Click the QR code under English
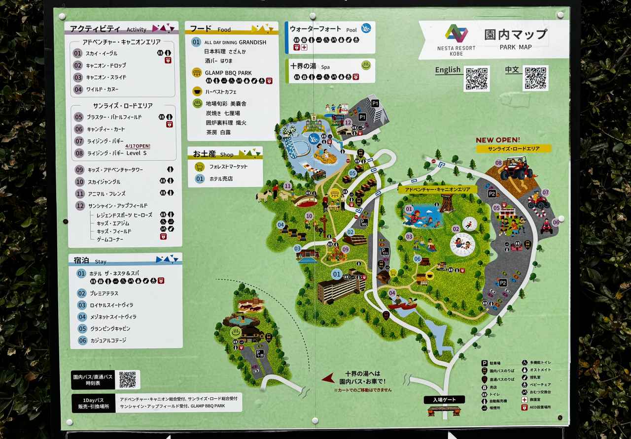pyautogui.click(x=476, y=79)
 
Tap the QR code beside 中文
pyautogui.click(x=535, y=78)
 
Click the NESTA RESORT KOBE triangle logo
pyautogui.click(x=456, y=33)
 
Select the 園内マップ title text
pyautogui.click(x=515, y=34)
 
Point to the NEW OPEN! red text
pyautogui.click(x=497, y=140)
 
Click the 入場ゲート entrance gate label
pyautogui.click(x=444, y=400)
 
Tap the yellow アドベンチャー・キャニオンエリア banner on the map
pyautogui.click(x=437, y=189)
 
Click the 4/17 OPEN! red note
pyautogui.click(x=138, y=146)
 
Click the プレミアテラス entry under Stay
pyautogui.click(x=104, y=293)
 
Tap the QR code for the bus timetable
pyautogui.click(x=127, y=379)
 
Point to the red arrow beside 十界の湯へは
pyautogui.click(x=328, y=378)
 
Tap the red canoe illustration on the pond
pyautogui.click(x=402, y=306)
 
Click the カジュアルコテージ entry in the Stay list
pyautogui.click(x=107, y=341)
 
